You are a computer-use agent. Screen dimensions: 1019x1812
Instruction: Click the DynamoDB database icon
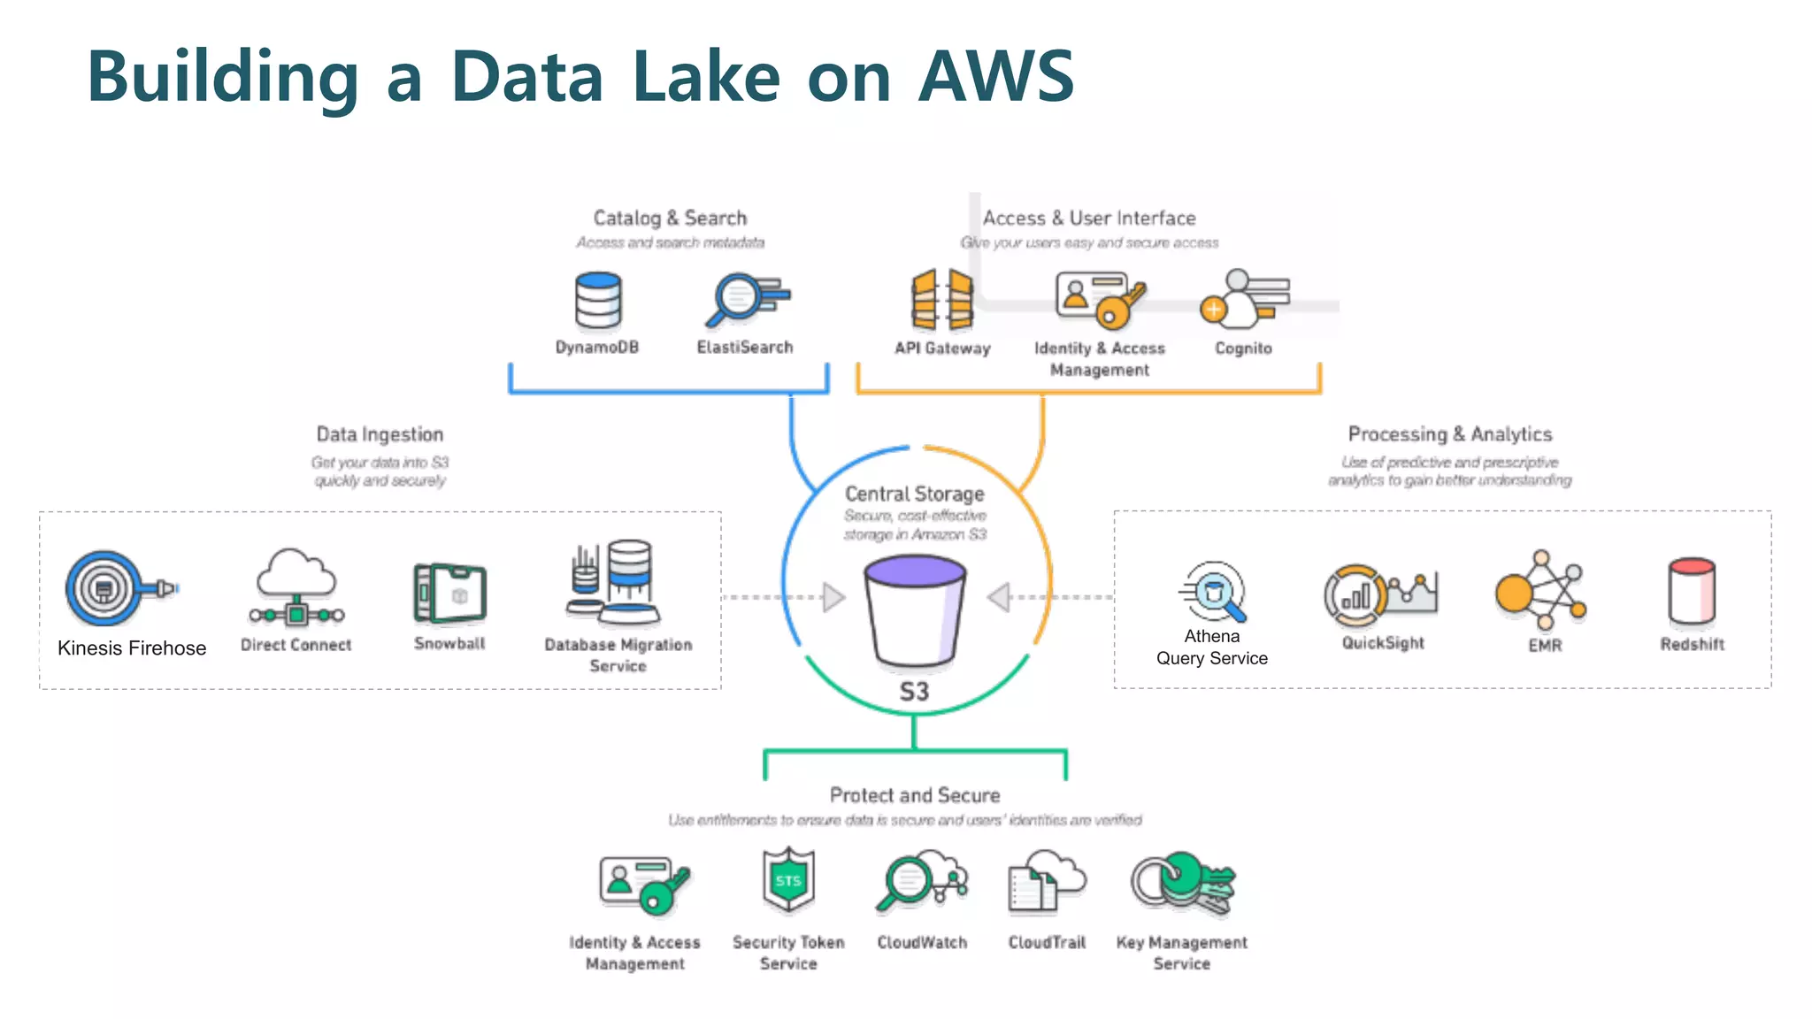coord(598,301)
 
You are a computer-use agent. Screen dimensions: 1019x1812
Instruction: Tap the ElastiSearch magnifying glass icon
coord(745,299)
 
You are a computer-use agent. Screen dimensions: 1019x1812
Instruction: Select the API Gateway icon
coord(942,299)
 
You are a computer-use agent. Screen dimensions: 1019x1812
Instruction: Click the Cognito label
coord(1243,349)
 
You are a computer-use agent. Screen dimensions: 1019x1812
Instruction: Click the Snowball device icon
coord(450,592)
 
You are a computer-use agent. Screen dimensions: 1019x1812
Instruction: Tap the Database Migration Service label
coord(618,655)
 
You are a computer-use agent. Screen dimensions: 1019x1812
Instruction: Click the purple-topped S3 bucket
coord(915,610)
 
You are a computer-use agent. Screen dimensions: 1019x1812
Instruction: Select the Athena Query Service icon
coord(1213,591)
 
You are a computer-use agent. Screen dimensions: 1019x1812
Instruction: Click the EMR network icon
coord(1540,588)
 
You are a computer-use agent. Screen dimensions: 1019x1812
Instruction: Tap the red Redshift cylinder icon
coord(1692,591)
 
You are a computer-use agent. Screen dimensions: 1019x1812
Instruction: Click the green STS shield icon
coord(788,880)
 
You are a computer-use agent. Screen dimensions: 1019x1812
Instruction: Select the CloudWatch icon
coord(921,881)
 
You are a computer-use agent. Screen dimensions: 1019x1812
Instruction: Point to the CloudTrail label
coord(1047,943)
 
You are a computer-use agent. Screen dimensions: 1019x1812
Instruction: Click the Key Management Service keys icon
coord(1182,883)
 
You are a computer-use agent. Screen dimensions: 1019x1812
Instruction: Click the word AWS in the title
coord(995,77)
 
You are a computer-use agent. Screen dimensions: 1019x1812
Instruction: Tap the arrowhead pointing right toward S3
coord(833,597)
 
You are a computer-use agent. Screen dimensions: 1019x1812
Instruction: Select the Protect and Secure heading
coord(915,795)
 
